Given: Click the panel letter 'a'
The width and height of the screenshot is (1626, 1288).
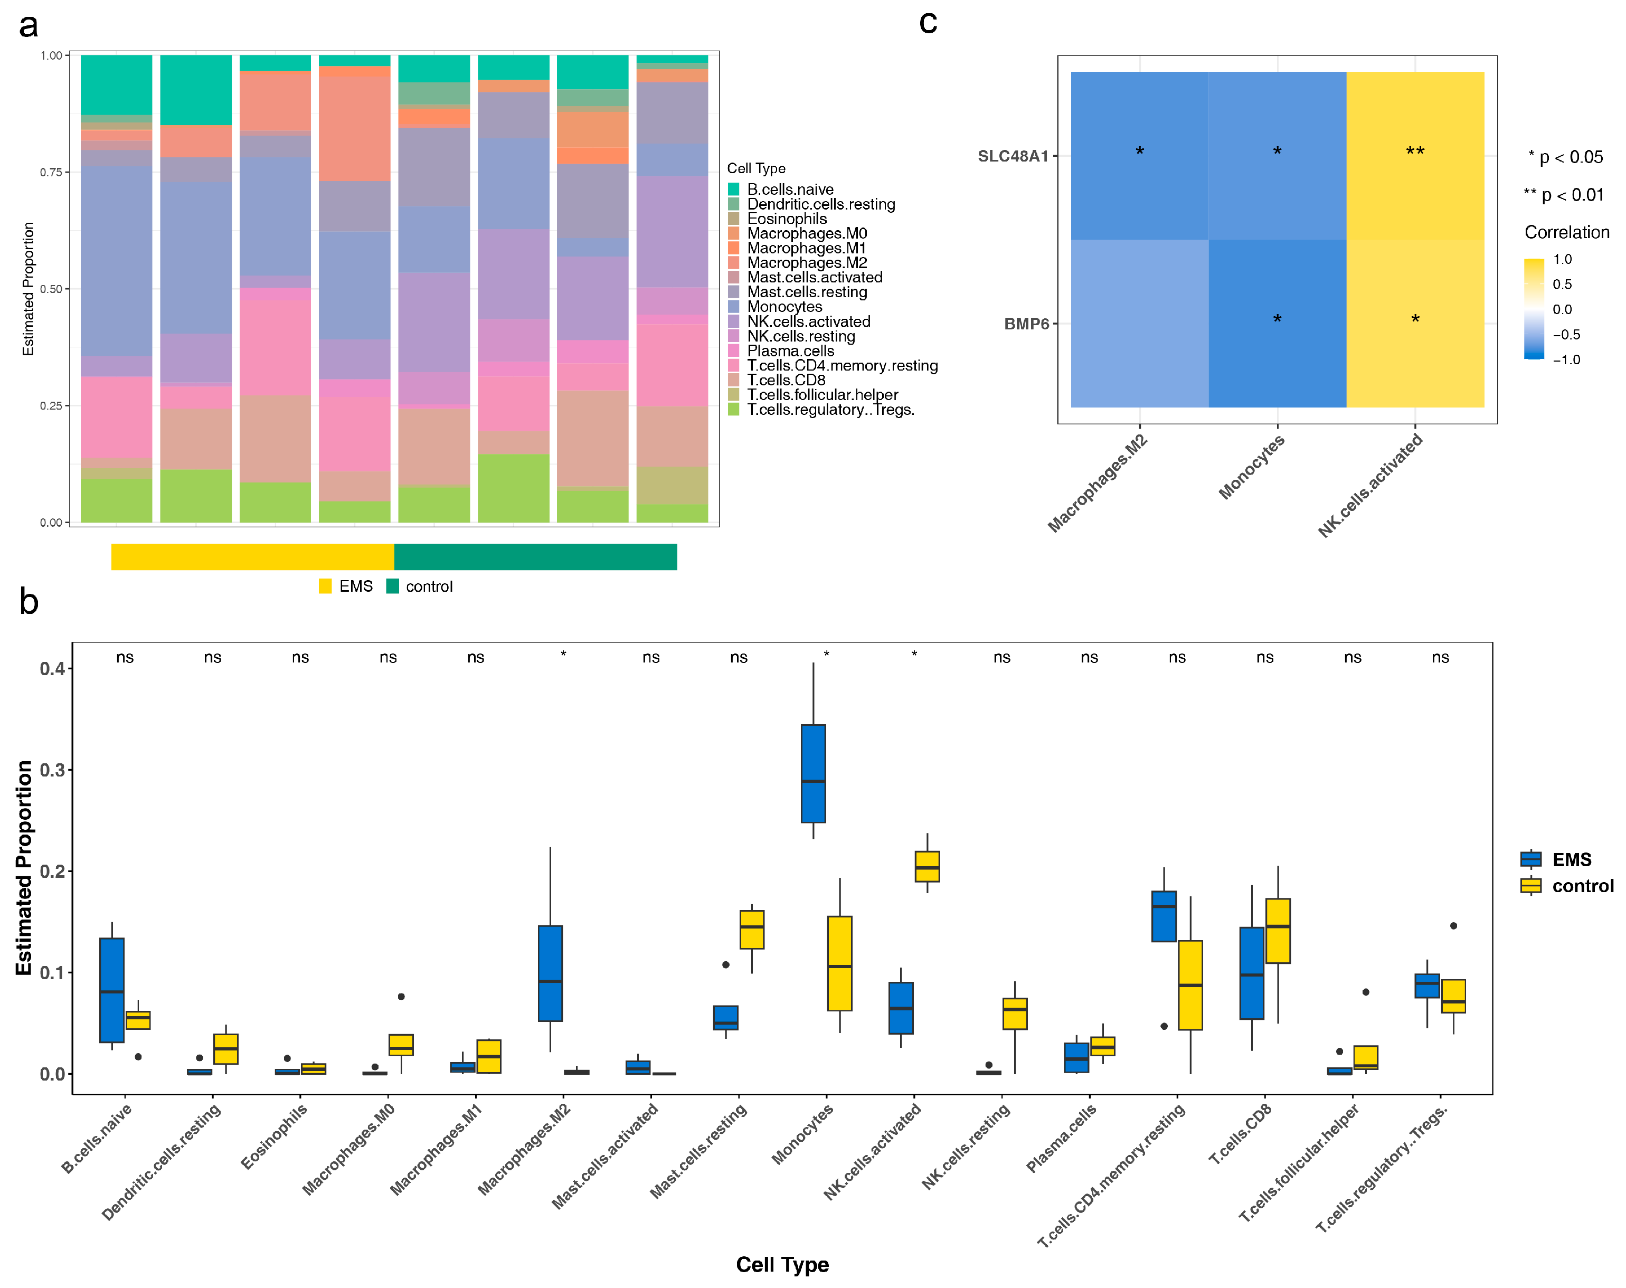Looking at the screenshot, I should pyautogui.click(x=29, y=26).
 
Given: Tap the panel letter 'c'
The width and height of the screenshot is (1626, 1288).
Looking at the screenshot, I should pyautogui.click(x=928, y=23).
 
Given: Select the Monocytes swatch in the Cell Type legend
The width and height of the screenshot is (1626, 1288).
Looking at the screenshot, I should pyautogui.click(x=733, y=307).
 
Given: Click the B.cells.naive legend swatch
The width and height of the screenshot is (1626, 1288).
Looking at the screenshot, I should pyautogui.click(x=733, y=190).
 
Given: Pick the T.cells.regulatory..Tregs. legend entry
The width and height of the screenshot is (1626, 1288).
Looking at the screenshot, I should pyautogui.click(x=829, y=410).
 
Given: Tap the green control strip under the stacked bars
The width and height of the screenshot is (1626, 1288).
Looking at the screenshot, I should pyautogui.click(x=535, y=556).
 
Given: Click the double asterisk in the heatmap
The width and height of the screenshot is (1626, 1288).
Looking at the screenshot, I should pyautogui.click(x=1415, y=151).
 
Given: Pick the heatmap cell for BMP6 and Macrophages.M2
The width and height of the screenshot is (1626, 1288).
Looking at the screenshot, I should pyautogui.click(x=1140, y=324).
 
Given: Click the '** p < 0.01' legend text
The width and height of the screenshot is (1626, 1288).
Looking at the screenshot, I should pyautogui.click(x=1563, y=195).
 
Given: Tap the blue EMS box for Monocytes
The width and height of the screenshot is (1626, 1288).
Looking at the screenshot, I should pyautogui.click(x=813, y=773).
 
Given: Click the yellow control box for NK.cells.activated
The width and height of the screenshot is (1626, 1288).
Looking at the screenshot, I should pyautogui.click(x=927, y=866).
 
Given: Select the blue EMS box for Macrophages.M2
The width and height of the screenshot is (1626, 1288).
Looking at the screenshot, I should pyautogui.click(x=550, y=973).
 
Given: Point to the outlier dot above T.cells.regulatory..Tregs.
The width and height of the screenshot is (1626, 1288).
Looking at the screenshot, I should pyautogui.click(x=1453, y=925).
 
